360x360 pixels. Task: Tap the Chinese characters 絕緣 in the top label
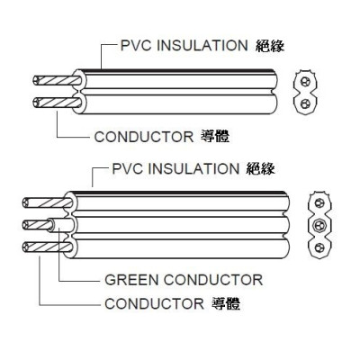click(x=270, y=46)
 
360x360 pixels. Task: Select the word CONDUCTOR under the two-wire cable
click(x=144, y=137)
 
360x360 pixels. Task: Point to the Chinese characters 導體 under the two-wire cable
click(x=215, y=137)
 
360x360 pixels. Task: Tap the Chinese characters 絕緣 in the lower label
click(x=260, y=168)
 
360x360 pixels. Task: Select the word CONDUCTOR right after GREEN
click(x=213, y=280)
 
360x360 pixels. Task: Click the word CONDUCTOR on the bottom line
click(x=154, y=304)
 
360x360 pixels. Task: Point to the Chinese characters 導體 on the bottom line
click(x=226, y=303)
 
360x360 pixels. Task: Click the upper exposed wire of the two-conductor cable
click(x=57, y=80)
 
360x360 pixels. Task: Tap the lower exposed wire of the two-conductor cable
click(x=57, y=103)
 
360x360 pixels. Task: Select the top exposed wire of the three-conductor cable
click(x=48, y=202)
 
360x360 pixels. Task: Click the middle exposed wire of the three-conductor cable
click(x=38, y=225)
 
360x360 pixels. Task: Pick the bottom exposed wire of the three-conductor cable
click(x=48, y=247)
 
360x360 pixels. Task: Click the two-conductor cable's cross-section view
click(x=306, y=92)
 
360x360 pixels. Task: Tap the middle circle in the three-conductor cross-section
click(x=319, y=225)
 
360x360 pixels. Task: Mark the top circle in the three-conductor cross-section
click(x=319, y=203)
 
